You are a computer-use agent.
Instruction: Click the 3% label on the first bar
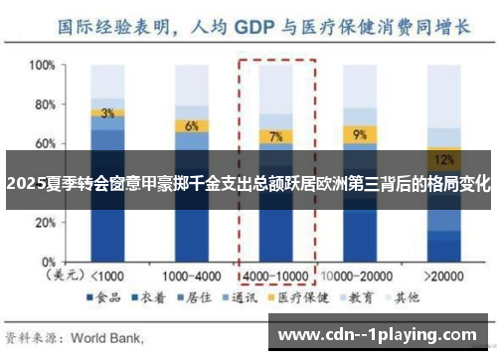tap(107, 112)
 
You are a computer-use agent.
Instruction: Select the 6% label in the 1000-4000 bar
tap(192, 126)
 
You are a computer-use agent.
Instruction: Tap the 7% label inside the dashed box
tap(275, 136)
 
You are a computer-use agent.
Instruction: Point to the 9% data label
tap(359, 133)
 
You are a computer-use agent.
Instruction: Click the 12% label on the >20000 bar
tap(443, 158)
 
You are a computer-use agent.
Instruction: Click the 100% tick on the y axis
tap(43, 66)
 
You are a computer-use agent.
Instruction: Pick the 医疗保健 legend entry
tap(301, 297)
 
